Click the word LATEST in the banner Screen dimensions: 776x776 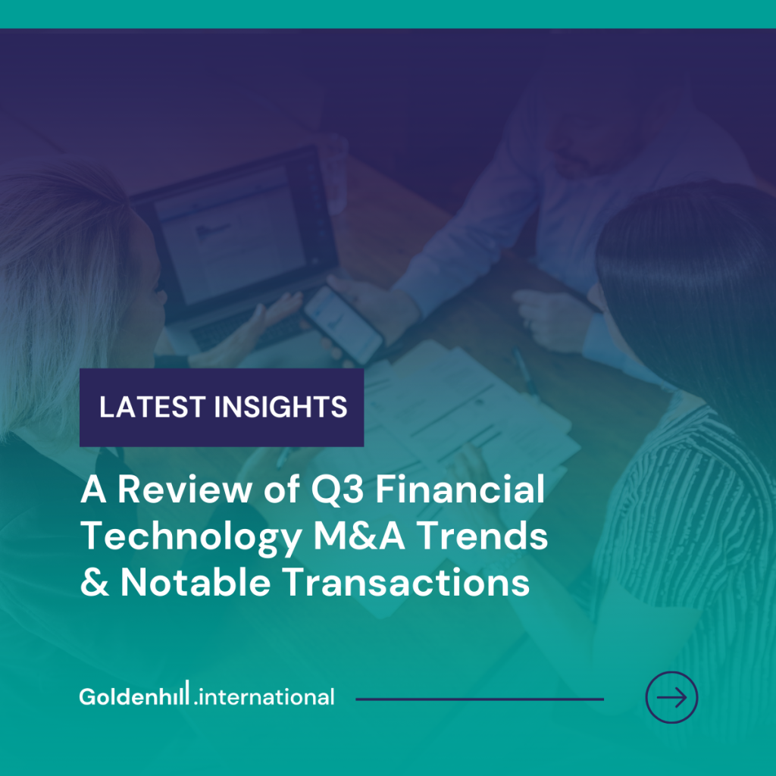(x=152, y=407)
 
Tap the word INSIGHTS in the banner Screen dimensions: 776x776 (x=280, y=407)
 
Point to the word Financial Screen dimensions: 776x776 (x=460, y=489)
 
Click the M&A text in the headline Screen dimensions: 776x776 (x=359, y=536)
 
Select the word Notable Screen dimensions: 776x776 (x=196, y=582)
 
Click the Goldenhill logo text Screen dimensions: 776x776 (x=134, y=694)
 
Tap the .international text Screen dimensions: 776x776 (x=264, y=697)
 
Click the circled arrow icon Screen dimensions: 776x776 (x=671, y=697)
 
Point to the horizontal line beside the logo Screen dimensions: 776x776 (x=480, y=699)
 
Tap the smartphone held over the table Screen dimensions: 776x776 (x=343, y=324)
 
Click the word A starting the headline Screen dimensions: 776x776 (x=93, y=490)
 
